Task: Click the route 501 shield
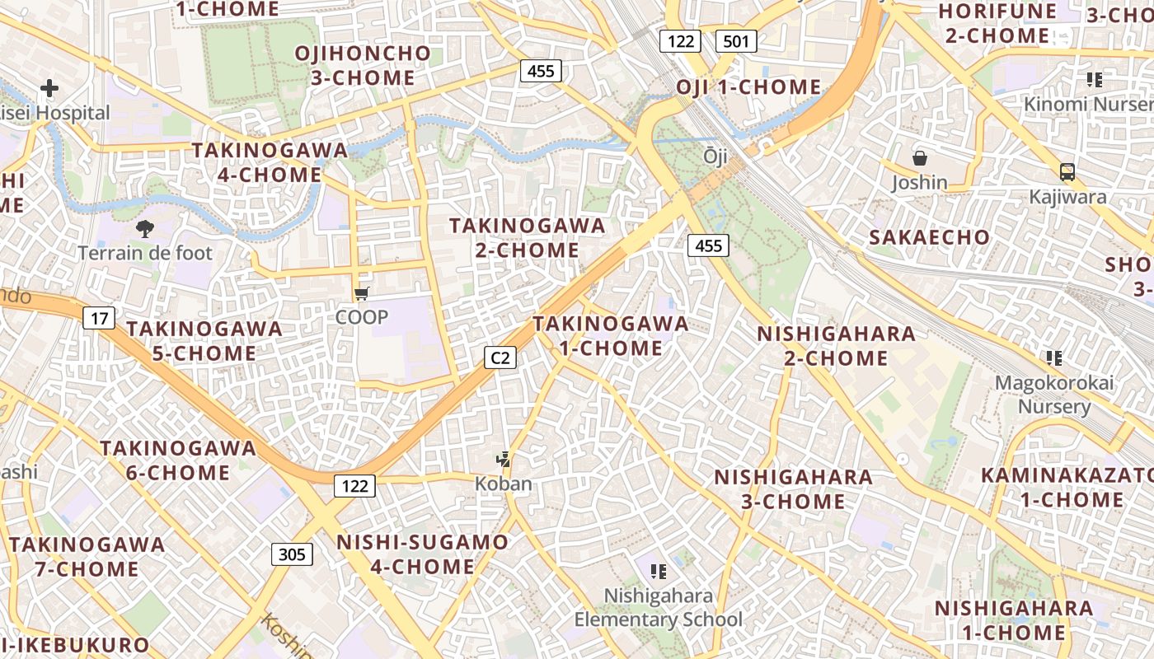point(736,40)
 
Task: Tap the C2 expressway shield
point(500,357)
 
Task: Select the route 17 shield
point(98,317)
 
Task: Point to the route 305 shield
point(292,554)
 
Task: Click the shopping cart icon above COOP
point(361,294)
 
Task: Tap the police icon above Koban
point(503,460)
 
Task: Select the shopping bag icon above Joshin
point(919,158)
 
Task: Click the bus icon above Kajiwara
point(1067,172)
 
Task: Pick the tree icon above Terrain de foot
point(145,229)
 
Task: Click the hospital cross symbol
point(49,87)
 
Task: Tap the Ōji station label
point(715,157)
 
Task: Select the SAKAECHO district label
point(929,237)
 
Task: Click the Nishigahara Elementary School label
point(658,608)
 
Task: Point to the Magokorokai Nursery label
point(1053,395)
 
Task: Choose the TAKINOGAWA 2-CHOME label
point(527,237)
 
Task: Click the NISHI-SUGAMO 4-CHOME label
point(423,554)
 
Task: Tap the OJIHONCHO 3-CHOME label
point(363,66)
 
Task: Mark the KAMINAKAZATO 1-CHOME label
point(1067,488)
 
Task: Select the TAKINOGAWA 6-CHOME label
point(178,460)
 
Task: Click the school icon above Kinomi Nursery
point(1095,80)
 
